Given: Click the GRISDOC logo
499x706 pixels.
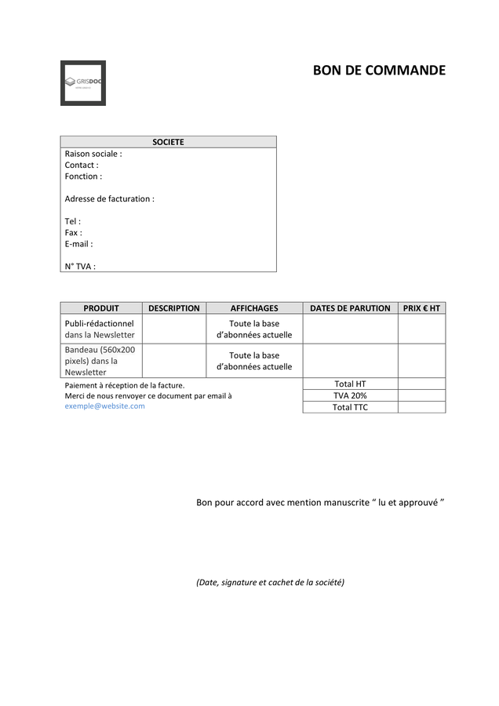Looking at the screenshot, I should tap(82, 82).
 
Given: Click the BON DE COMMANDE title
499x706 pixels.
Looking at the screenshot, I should tap(379, 71).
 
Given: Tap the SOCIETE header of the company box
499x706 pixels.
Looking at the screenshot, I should tap(168, 142).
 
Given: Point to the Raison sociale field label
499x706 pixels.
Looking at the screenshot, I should tap(93, 154).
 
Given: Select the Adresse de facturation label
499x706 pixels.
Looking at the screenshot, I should tap(109, 198).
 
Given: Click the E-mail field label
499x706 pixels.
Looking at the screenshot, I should tap(78, 244).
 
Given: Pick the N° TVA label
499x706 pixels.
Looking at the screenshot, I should tap(80, 266).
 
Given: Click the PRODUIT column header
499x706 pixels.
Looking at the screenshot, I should tap(101, 308).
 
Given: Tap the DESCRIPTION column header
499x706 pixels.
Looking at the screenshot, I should tap(174, 308).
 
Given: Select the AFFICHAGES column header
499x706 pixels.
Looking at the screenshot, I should tap(254, 308).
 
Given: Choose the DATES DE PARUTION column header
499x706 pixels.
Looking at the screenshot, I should tap(350, 308).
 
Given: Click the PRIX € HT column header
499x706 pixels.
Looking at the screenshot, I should tap(421, 308).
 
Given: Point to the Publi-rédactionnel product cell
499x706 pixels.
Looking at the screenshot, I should tap(100, 329).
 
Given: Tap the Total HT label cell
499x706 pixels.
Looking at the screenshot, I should tap(350, 384).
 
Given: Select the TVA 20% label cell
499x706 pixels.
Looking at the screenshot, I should tap(350, 395).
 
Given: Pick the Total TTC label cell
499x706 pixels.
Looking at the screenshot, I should tap(350, 407).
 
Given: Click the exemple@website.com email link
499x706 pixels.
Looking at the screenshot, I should tap(104, 406).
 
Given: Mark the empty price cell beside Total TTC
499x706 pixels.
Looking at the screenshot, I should tap(421, 407).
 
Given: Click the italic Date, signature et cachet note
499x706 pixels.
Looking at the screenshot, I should tap(270, 582).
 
